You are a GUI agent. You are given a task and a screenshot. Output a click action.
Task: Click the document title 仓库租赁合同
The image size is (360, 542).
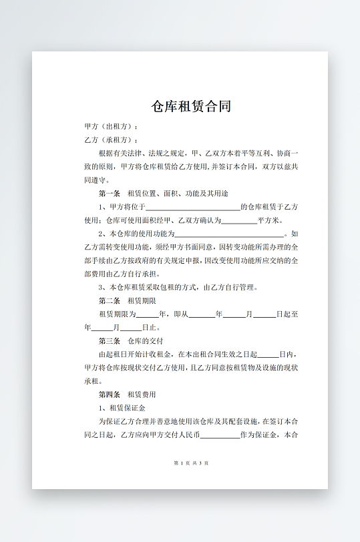[192, 106]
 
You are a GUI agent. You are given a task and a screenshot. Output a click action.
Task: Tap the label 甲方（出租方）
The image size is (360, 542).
[111, 126]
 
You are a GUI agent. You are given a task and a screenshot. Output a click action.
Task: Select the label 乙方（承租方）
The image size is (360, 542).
[111, 140]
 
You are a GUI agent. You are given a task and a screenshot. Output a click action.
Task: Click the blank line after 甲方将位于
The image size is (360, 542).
[192, 208]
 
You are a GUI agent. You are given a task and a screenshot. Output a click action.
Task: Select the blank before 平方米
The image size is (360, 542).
[238, 221]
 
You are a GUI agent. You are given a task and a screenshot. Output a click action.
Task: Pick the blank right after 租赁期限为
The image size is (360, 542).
[148, 314]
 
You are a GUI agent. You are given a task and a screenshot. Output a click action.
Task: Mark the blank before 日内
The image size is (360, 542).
[268, 354]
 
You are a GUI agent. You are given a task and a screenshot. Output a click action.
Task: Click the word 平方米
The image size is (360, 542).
[269, 221]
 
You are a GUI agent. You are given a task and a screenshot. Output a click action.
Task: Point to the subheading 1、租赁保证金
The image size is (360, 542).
[122, 408]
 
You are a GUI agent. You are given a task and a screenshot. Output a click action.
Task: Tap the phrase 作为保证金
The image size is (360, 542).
[260, 435]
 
